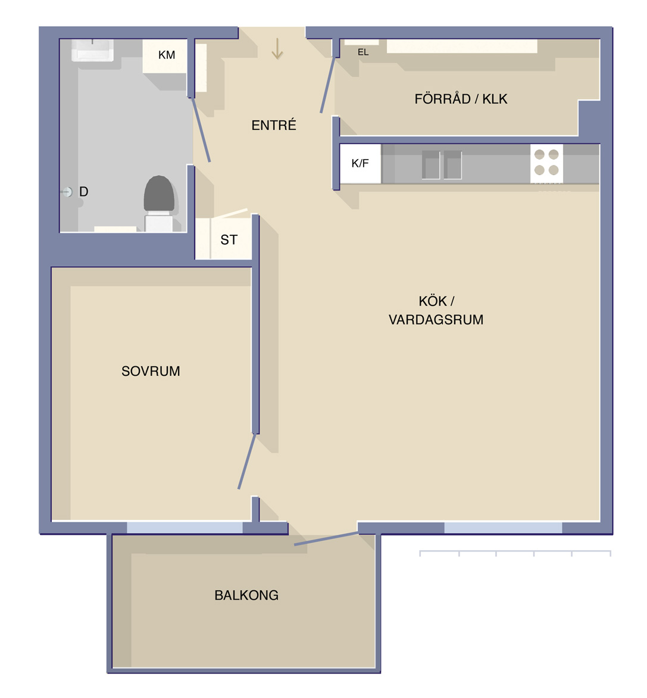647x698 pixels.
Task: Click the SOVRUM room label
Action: tap(151, 371)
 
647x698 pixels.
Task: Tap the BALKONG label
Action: tap(246, 595)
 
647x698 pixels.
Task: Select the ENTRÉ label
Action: tap(274, 125)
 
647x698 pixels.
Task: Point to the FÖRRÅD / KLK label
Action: tap(461, 98)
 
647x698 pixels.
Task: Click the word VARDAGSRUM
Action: tap(436, 320)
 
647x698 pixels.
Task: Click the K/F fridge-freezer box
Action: tap(361, 163)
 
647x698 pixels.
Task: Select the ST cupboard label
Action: tap(229, 240)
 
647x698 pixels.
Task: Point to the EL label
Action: tap(363, 52)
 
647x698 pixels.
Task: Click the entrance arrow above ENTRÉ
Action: tap(277, 48)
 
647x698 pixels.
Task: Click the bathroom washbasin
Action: tap(93, 50)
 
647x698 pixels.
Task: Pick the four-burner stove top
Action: tap(546, 163)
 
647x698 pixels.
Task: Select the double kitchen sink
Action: tap(442, 165)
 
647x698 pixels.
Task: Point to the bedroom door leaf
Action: tap(247, 461)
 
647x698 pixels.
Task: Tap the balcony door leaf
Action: tap(326, 538)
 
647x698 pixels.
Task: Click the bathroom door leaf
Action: tap(201, 130)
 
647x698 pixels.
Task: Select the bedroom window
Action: tap(185, 528)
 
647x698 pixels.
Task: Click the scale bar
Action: tap(515, 553)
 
